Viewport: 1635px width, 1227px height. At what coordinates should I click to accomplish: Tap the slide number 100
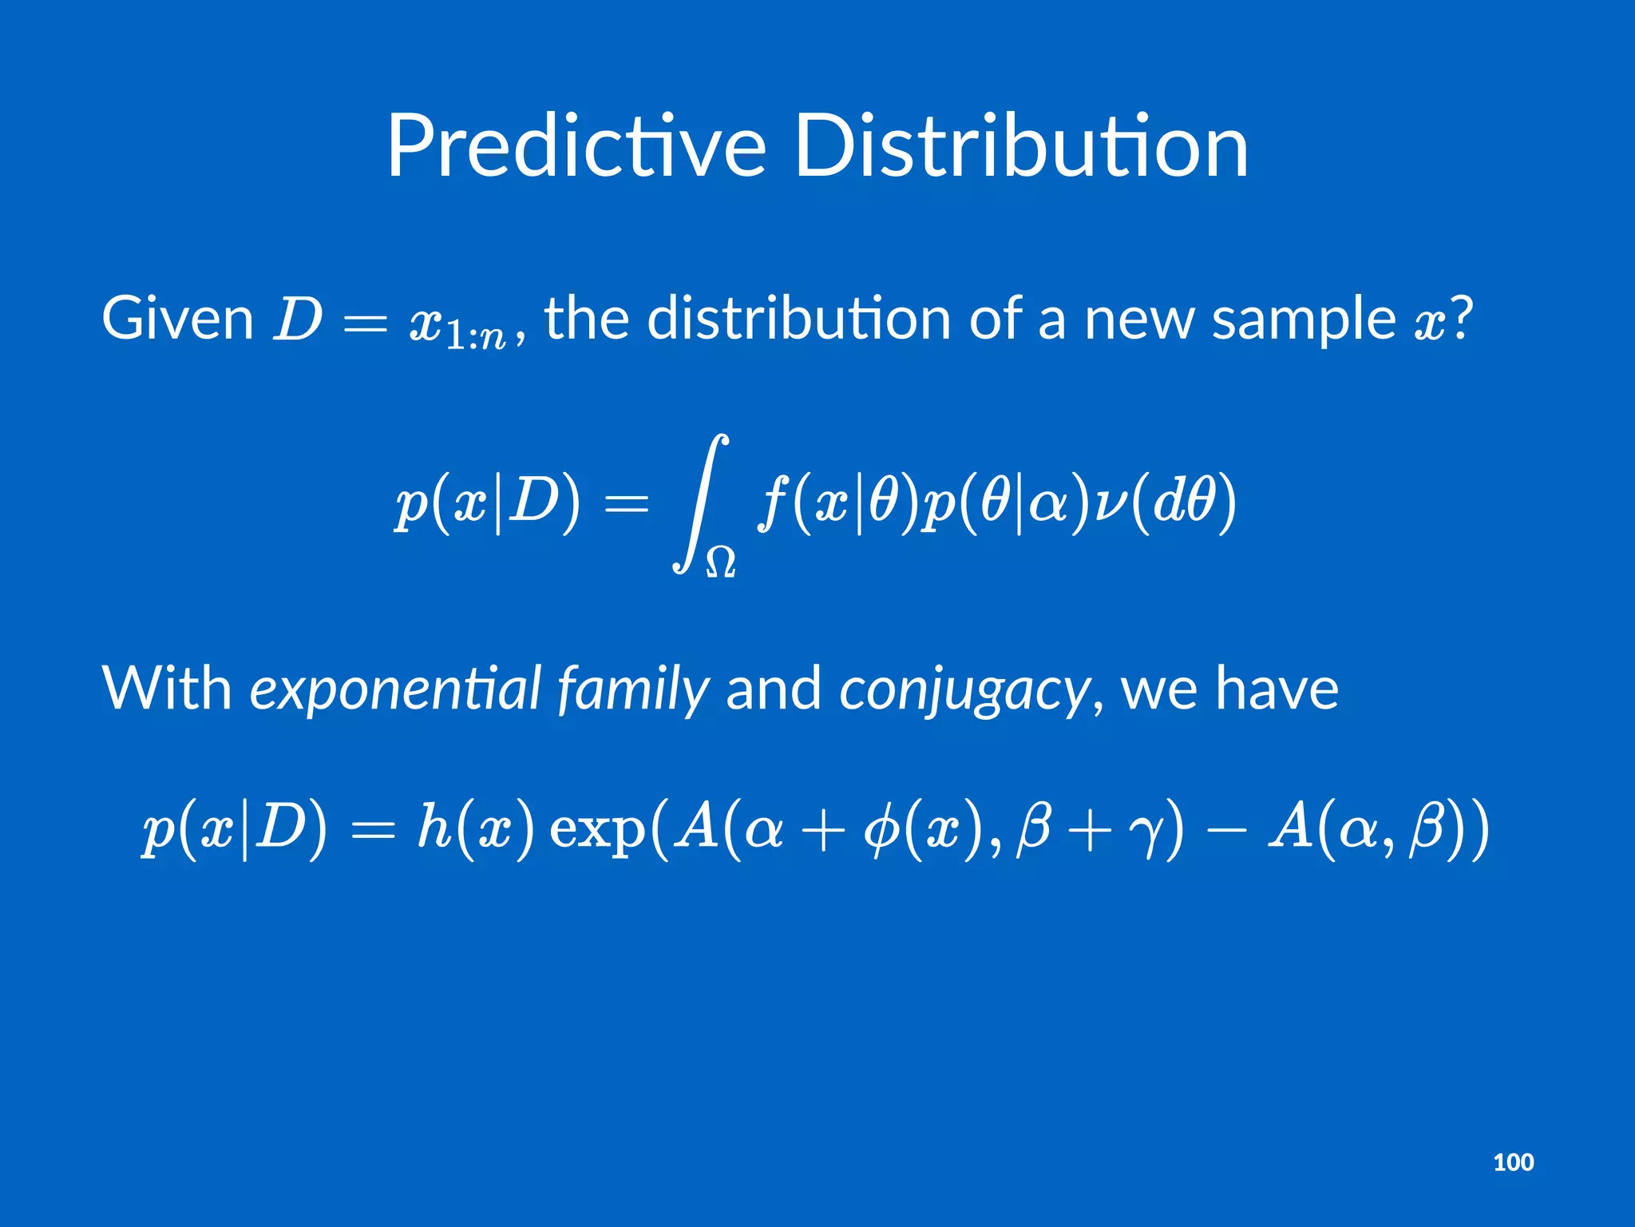(1513, 1161)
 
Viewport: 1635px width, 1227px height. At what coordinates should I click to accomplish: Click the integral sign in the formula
(700, 503)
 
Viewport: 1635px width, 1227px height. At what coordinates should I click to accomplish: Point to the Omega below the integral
(720, 562)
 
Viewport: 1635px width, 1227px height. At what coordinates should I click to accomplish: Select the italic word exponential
(396, 689)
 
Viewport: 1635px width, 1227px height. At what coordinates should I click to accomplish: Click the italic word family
(632, 689)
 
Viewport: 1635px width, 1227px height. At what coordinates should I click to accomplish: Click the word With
(166, 689)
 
